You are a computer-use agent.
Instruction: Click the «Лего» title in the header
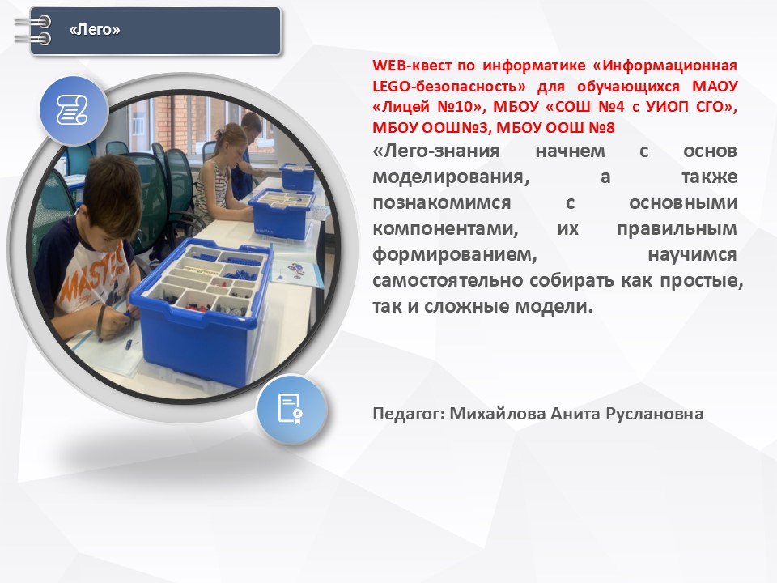[x=95, y=30]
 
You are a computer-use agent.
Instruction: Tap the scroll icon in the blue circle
[x=73, y=110]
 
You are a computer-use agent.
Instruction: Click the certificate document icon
[x=291, y=409]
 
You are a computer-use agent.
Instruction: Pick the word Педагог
[x=409, y=414]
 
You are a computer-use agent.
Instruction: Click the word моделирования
[x=451, y=177]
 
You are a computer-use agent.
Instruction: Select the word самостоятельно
[x=448, y=281]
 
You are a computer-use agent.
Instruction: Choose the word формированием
[x=454, y=255]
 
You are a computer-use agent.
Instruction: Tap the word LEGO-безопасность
[x=449, y=87]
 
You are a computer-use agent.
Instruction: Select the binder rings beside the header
[x=33, y=30]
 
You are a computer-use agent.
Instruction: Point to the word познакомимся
[x=442, y=203]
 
